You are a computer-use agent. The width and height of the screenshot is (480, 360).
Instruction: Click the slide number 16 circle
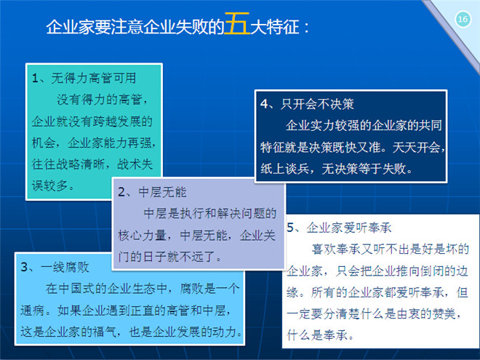pyautogui.click(x=463, y=20)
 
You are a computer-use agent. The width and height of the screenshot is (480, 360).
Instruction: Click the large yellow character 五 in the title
pyautogui.click(x=237, y=23)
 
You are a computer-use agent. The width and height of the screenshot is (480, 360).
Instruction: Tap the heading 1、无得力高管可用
pyautogui.click(x=84, y=78)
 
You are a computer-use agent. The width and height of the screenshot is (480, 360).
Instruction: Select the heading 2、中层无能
pyautogui.click(x=152, y=192)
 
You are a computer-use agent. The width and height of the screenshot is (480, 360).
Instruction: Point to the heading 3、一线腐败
pyautogui.click(x=55, y=267)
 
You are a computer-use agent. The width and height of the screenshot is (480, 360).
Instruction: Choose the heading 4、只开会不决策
pyautogui.click(x=307, y=104)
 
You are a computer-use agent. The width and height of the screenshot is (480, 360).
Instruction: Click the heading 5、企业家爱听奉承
pyautogui.click(x=339, y=228)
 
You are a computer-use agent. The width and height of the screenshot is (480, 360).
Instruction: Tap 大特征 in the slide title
pyautogui.click(x=275, y=27)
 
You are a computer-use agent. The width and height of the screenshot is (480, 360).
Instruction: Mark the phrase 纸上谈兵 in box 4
pyautogui.click(x=284, y=169)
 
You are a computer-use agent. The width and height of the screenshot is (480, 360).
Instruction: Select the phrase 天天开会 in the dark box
pyautogui.click(x=416, y=147)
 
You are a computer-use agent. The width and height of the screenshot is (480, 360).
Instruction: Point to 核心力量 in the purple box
pyautogui.click(x=142, y=235)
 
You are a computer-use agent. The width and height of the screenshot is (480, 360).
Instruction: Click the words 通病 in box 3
pyautogui.click(x=33, y=310)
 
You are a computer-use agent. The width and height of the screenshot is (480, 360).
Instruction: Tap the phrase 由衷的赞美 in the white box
pyautogui.click(x=425, y=313)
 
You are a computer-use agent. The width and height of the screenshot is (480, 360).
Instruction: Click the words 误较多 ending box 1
pyautogui.click(x=50, y=185)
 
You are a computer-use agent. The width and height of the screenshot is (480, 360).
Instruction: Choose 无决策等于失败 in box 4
pyautogui.click(x=364, y=169)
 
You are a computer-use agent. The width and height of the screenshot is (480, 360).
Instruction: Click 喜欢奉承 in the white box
pyautogui.click(x=336, y=249)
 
